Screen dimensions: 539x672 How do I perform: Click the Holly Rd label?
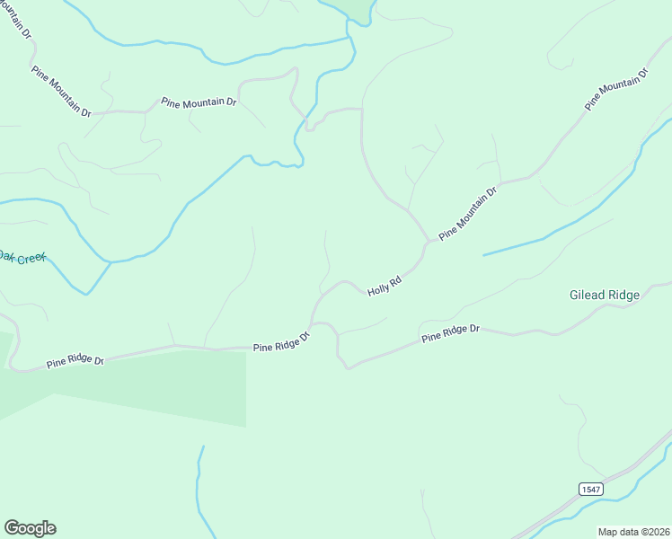(x=384, y=287)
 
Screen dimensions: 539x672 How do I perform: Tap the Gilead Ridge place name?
(x=605, y=295)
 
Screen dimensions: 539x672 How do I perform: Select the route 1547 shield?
(x=590, y=489)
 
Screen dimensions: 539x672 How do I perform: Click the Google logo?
(x=30, y=528)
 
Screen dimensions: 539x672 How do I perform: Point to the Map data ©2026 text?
(x=634, y=532)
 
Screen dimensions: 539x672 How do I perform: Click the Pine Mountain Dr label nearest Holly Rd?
(x=468, y=214)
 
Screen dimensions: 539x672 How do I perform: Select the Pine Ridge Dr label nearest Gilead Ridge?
(x=451, y=333)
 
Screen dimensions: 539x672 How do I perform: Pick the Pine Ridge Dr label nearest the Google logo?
(x=75, y=362)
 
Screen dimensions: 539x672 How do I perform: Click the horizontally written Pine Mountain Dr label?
(x=199, y=102)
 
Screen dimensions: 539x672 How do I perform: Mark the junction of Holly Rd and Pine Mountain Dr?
(x=426, y=243)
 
